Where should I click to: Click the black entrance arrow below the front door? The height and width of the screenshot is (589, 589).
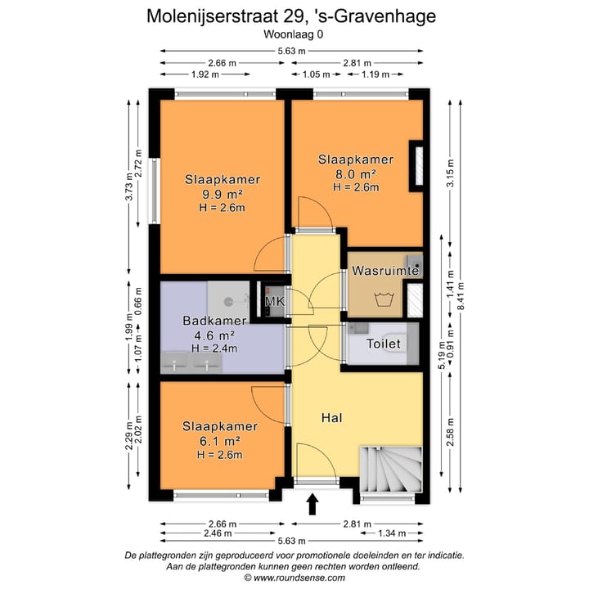click(312, 504)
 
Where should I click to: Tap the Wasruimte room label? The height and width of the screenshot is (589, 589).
click(385, 270)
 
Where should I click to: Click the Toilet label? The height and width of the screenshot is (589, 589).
click(384, 344)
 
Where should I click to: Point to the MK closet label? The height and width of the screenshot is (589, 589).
click(275, 303)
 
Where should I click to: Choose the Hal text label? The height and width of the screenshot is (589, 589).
click(331, 418)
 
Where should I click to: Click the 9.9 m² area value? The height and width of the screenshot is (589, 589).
click(223, 194)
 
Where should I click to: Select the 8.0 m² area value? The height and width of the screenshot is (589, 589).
click(356, 173)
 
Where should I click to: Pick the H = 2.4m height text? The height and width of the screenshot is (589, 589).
click(213, 348)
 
